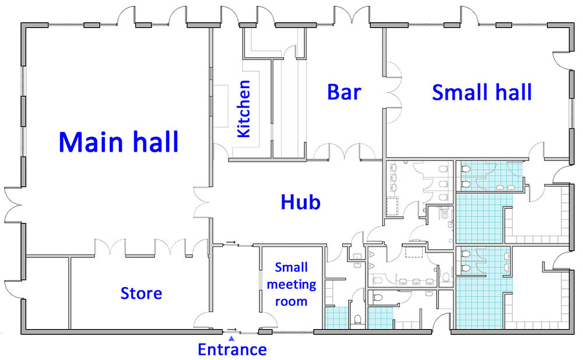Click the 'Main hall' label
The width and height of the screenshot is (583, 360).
click(x=118, y=142)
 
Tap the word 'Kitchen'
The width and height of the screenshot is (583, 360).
click(x=243, y=109)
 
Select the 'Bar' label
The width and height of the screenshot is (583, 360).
click(x=344, y=92)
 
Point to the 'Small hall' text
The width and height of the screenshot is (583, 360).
click(x=482, y=92)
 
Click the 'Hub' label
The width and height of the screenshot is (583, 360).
click(x=301, y=202)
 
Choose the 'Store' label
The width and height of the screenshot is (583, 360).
click(x=141, y=292)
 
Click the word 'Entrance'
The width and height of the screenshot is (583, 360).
click(x=232, y=349)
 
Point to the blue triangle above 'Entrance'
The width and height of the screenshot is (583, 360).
click(x=231, y=338)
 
